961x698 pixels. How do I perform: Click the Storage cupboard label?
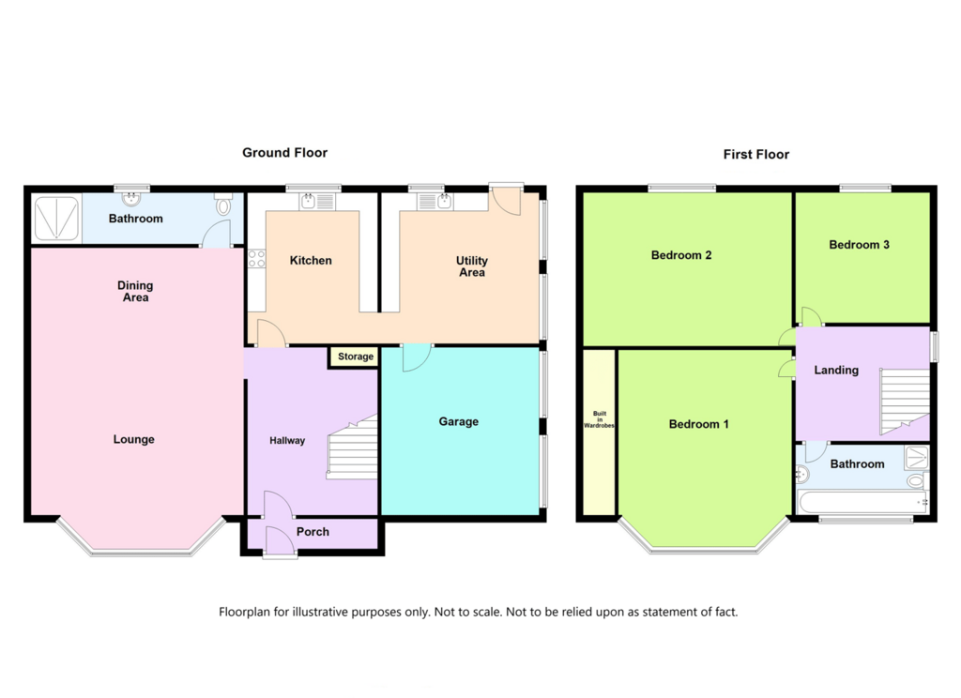pyautogui.click(x=356, y=357)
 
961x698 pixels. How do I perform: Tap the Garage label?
pyautogui.click(x=458, y=421)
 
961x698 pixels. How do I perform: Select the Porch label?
pyautogui.click(x=313, y=532)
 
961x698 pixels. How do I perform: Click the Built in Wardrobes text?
pyautogui.click(x=600, y=419)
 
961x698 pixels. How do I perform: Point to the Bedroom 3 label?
pyautogui.click(x=859, y=245)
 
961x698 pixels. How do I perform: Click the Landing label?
pyautogui.click(x=836, y=371)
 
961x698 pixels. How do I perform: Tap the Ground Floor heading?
pyautogui.click(x=284, y=153)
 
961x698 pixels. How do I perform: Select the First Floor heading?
pyautogui.click(x=755, y=155)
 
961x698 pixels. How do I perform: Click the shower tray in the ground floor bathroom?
pyautogui.click(x=56, y=218)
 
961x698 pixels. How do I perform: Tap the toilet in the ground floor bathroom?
pyautogui.click(x=223, y=205)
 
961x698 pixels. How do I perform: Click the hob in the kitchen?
pyautogui.click(x=257, y=259)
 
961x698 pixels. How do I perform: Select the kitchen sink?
pyautogui.click(x=317, y=201)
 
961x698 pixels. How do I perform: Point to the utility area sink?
pyautogui.click(x=435, y=201)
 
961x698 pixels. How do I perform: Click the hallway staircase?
pyautogui.click(x=353, y=448)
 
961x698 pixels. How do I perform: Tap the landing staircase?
pyautogui.click(x=905, y=401)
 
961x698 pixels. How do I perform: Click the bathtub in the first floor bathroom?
pyautogui.click(x=863, y=501)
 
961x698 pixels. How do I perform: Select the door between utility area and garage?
pyautogui.click(x=417, y=357)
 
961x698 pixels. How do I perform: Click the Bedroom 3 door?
pyautogui.click(x=812, y=315)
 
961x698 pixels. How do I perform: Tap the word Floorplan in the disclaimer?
pyautogui.click(x=244, y=612)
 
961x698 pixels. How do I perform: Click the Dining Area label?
pyautogui.click(x=135, y=291)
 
